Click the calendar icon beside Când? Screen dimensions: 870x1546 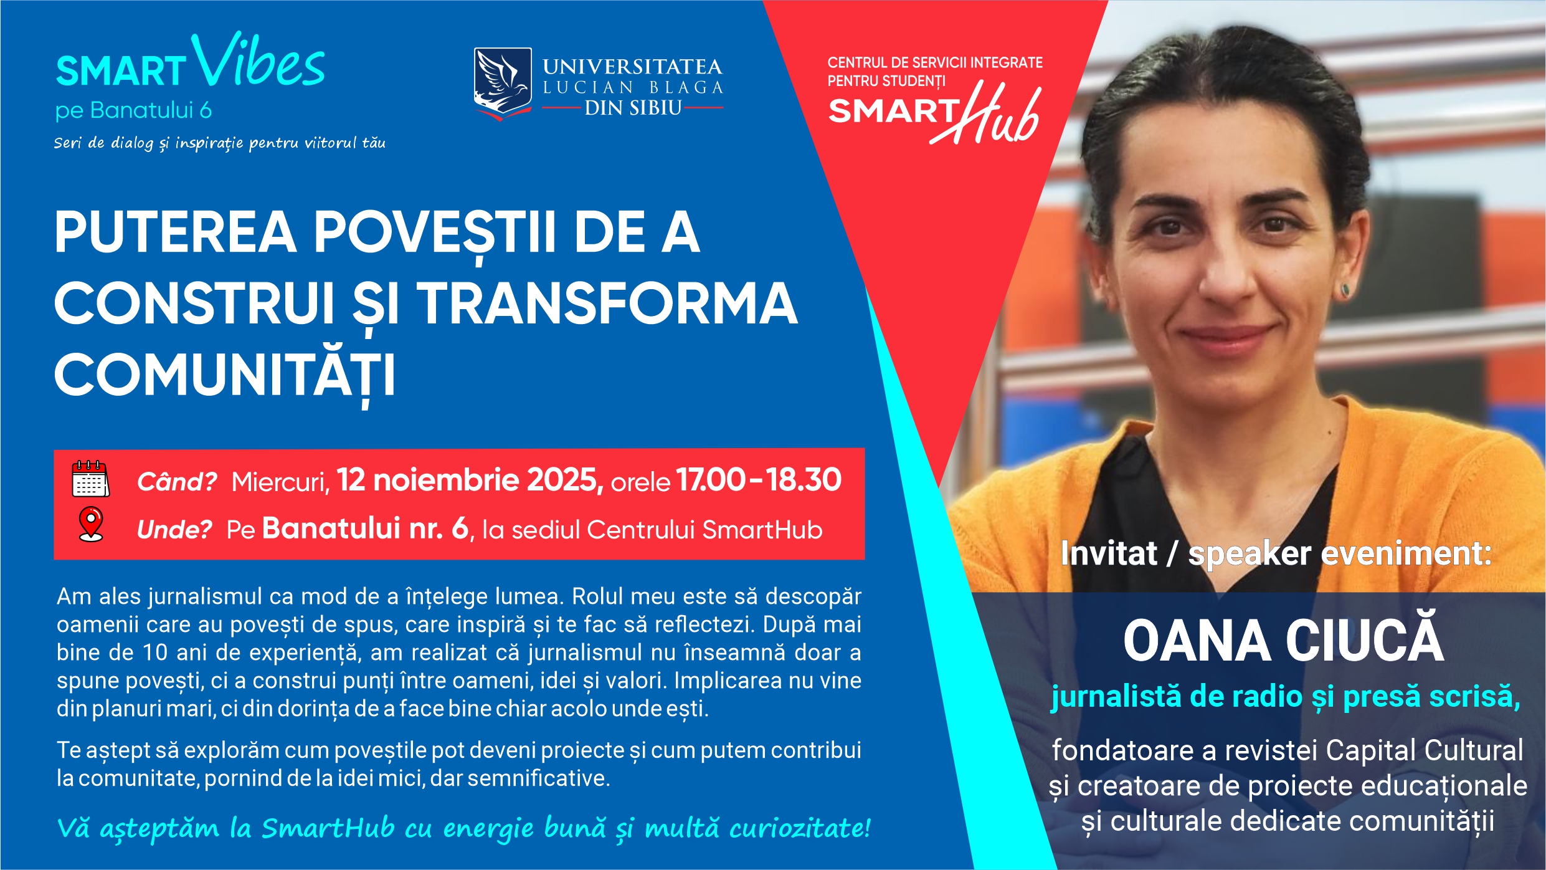[90, 479]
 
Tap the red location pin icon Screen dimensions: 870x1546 [91, 523]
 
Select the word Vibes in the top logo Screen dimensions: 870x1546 [258, 62]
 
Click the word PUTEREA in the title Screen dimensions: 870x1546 [175, 232]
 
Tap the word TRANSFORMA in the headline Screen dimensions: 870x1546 [607, 304]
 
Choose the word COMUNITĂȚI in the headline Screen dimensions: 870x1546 [225, 375]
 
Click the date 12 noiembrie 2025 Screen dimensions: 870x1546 [470, 480]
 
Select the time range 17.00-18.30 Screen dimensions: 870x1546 [759, 480]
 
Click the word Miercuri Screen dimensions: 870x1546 [280, 482]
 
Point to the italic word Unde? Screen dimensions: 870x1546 [174, 530]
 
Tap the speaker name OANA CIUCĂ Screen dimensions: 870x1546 [1283, 640]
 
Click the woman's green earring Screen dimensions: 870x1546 [1344, 290]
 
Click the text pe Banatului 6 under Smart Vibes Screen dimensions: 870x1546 [133, 110]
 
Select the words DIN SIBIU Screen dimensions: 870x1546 [633, 108]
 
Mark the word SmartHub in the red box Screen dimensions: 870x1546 [762, 530]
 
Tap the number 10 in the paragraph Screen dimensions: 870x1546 [155, 652]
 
